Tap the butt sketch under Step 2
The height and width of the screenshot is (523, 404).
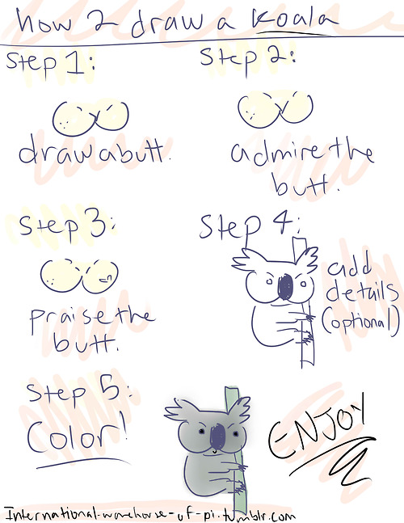(275, 110)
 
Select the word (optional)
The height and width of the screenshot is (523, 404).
(360, 321)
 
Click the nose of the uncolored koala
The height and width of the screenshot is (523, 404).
(285, 288)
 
